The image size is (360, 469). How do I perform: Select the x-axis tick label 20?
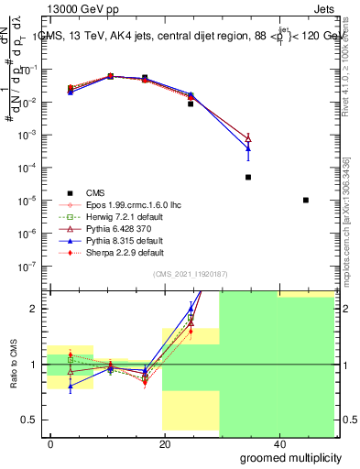(x=165, y=444)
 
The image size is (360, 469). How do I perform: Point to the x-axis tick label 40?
(x=278, y=444)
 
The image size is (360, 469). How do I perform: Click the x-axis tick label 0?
(x=51, y=444)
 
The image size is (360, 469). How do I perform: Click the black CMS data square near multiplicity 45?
(x=306, y=200)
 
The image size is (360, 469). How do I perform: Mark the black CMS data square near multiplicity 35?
(x=248, y=177)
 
